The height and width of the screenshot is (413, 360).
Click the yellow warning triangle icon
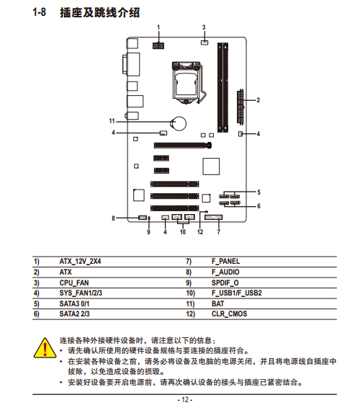click(45, 348)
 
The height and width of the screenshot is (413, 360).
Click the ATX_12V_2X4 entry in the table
click(80, 262)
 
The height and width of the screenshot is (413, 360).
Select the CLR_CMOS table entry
click(229, 314)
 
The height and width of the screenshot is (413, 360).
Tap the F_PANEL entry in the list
click(226, 262)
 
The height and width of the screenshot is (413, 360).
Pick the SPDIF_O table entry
click(225, 283)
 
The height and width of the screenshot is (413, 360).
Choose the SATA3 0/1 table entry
click(74, 303)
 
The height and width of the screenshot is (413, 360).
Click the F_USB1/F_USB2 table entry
click(237, 293)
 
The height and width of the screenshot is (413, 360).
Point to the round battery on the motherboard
click(179, 123)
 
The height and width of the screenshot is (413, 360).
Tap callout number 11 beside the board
click(112, 121)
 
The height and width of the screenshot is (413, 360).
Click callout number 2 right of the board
click(258, 100)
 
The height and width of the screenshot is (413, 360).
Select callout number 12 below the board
click(200, 232)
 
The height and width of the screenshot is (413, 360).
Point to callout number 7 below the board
click(218, 232)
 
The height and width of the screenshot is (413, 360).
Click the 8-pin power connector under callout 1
click(158, 45)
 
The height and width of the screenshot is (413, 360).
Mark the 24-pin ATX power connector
click(240, 107)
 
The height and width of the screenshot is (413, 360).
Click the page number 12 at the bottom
click(185, 400)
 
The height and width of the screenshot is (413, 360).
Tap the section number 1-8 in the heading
click(39, 12)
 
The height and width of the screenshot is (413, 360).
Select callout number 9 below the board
click(148, 232)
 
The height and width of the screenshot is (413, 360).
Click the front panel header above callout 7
click(213, 217)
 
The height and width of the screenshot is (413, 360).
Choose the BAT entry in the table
click(217, 303)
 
